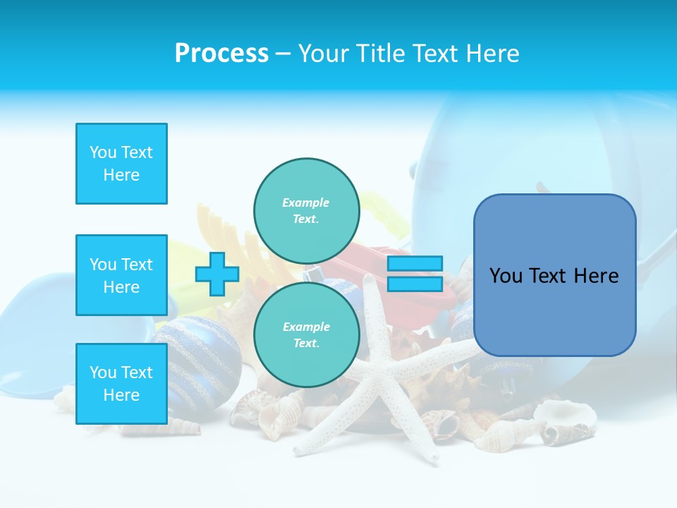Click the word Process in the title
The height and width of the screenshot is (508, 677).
point(221,54)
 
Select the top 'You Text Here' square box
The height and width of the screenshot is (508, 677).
point(121,164)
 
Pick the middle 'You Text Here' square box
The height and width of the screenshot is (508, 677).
point(121,275)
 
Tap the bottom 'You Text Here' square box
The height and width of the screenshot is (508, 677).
point(121,383)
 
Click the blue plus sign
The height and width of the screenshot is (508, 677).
point(217,274)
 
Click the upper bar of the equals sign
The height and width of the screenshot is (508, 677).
point(415,264)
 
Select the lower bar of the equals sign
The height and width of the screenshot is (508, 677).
point(415,284)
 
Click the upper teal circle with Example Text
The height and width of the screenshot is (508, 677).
point(306,211)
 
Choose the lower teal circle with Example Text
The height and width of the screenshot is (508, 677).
point(306,335)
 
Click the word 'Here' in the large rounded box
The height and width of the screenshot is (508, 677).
point(595,276)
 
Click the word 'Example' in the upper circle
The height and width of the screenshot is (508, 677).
point(306,202)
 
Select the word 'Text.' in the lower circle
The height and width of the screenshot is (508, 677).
point(306,344)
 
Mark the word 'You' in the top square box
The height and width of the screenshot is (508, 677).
point(103,152)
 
